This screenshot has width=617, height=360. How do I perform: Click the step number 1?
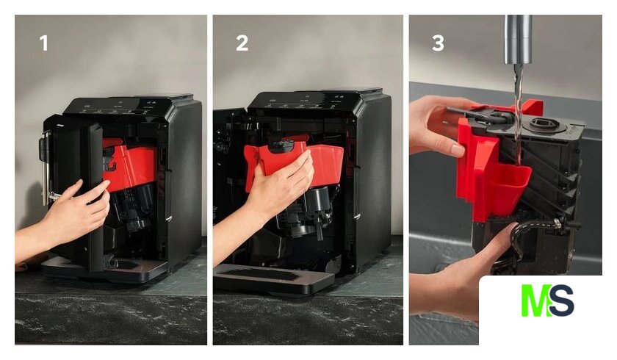[x=44, y=43]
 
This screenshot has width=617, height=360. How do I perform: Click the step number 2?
[x=242, y=43]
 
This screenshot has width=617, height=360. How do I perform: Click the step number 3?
[x=438, y=43]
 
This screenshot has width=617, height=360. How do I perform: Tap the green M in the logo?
[x=535, y=300]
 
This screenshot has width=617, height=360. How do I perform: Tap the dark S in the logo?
[x=562, y=300]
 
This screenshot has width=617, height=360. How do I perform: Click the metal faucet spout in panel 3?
[x=519, y=40]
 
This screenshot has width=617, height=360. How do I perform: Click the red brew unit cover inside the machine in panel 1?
[x=130, y=165]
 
